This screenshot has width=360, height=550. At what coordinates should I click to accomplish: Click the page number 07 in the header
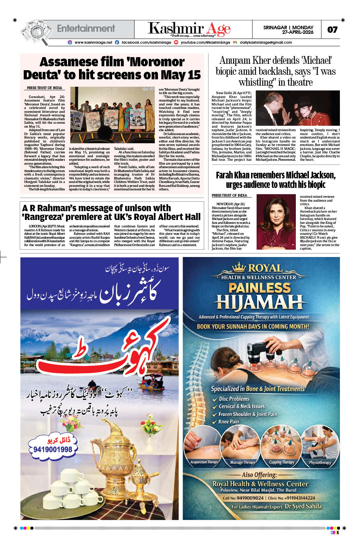tap(332, 30)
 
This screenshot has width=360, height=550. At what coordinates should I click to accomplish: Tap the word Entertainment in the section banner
tap(86, 29)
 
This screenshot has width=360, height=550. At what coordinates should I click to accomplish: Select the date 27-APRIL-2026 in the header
tap(298, 32)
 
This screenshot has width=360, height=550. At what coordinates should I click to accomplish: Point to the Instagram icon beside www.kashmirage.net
tap(70, 42)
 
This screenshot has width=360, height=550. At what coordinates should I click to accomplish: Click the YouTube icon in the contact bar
tap(176, 42)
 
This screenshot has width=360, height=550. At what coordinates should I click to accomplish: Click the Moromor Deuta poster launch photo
tap(112, 115)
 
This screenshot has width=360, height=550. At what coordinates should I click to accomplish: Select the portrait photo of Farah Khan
tap(275, 222)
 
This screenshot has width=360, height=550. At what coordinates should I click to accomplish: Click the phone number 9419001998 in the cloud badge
tap(53, 449)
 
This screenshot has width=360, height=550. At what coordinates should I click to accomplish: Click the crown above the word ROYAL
tap(239, 267)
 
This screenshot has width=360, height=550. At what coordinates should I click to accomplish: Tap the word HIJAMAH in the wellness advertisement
tap(260, 302)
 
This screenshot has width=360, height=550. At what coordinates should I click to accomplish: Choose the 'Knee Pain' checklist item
tap(228, 422)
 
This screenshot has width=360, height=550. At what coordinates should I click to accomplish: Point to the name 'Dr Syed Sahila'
tap(303, 506)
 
